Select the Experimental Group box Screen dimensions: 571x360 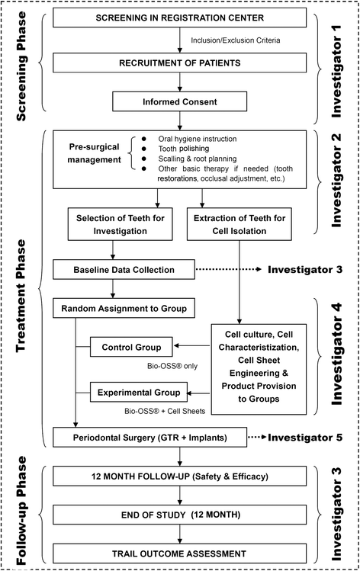(137, 393)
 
